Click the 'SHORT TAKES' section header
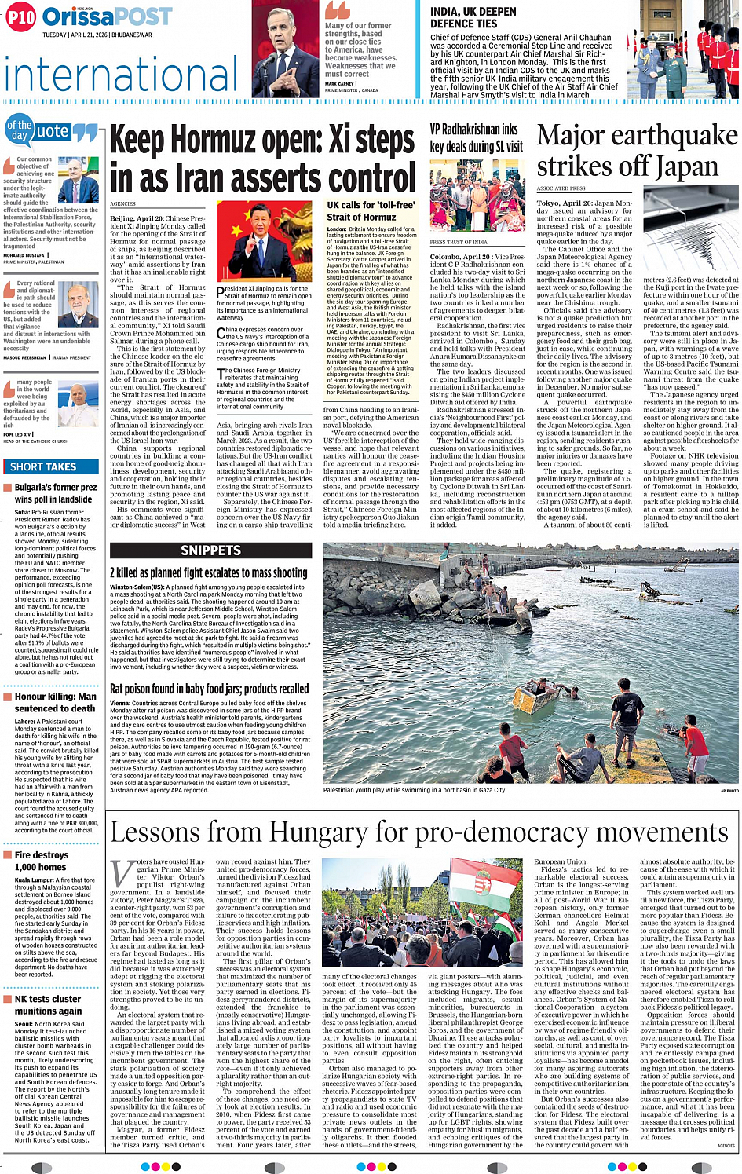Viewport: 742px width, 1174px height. pos(43,466)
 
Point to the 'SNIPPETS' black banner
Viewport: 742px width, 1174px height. pos(210,550)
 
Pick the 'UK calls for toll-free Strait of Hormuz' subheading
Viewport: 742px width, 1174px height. pos(371,211)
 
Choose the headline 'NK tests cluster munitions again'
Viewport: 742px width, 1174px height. pos(48,1005)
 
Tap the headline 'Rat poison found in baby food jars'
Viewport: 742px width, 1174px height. pos(210,689)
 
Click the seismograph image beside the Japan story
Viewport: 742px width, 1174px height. pos(689,233)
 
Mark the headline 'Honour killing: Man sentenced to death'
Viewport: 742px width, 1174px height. pos(55,702)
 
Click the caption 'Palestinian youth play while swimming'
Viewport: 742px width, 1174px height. pos(414,790)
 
